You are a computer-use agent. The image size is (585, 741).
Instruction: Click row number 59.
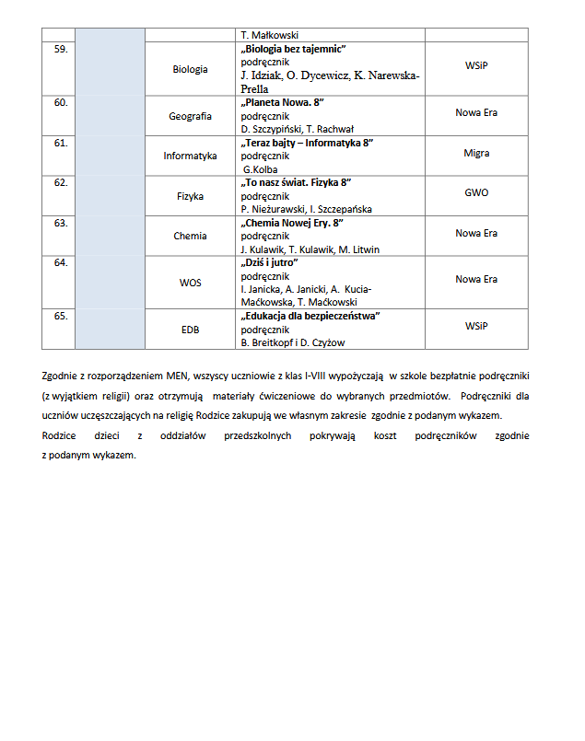coord(62,48)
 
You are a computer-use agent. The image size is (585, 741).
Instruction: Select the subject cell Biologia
coord(190,69)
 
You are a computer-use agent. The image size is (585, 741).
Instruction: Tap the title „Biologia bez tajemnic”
coord(298,48)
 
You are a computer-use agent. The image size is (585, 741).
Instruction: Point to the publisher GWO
coord(476,193)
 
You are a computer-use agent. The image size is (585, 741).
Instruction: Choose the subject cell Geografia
coord(190,116)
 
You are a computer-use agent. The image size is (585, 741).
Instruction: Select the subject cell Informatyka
coord(190,156)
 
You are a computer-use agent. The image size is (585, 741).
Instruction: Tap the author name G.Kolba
coord(260,169)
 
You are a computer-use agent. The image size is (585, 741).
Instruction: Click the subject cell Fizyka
coord(190,196)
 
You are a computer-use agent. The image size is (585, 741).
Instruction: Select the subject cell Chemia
coord(190,236)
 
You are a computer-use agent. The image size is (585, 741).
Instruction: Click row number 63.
coord(62,223)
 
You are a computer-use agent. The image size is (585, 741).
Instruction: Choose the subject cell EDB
coord(190,330)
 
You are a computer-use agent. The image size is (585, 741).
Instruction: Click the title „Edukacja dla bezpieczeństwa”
coord(310,317)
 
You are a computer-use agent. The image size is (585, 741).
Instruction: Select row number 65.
coord(62,317)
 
